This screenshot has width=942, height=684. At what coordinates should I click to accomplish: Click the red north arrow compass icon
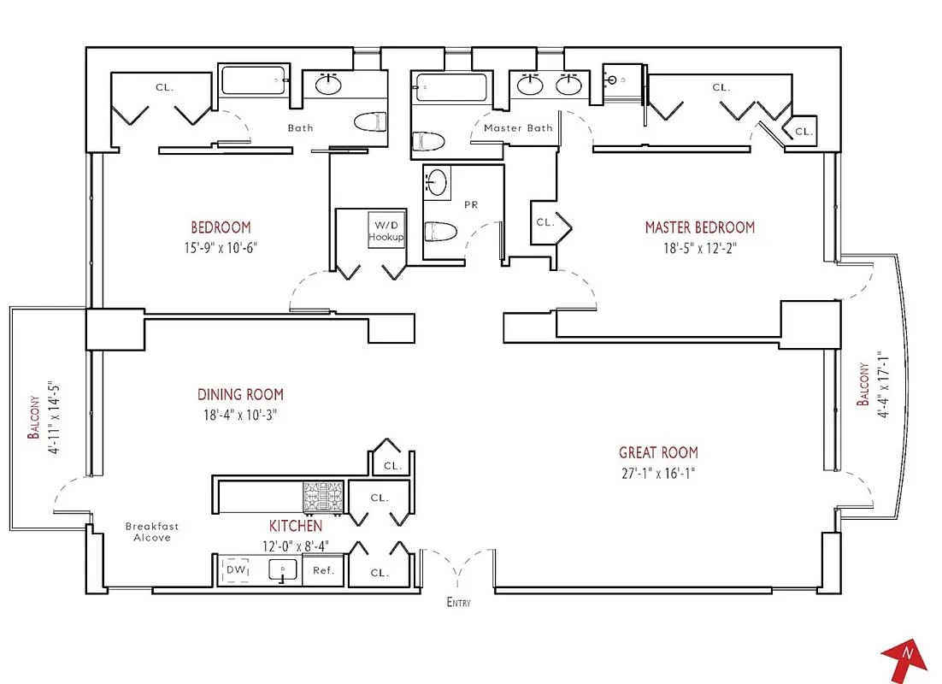tap(904, 657)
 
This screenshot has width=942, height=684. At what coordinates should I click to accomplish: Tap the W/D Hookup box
tap(386, 230)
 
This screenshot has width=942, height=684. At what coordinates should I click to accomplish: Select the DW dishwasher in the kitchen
tap(236, 570)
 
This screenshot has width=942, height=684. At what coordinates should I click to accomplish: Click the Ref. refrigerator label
tap(323, 571)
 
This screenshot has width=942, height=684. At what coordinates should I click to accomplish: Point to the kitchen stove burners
tap(322, 496)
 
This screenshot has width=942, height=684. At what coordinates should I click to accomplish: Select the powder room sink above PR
tap(437, 182)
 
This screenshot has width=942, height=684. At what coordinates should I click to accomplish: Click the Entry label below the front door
tap(458, 603)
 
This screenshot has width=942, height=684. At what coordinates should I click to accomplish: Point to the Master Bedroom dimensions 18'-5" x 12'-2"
tap(699, 249)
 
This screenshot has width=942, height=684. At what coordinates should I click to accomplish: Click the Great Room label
tap(658, 452)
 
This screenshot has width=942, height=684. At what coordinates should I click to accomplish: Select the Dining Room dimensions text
tap(240, 415)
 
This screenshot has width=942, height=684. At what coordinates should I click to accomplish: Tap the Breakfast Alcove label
tap(152, 532)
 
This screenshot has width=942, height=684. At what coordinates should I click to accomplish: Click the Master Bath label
tap(518, 128)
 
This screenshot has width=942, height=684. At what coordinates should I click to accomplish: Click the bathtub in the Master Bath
tap(450, 86)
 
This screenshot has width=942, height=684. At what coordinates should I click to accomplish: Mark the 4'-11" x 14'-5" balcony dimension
tap(55, 418)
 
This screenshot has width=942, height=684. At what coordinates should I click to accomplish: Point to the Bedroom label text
tap(221, 227)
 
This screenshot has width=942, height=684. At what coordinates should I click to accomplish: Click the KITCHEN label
tap(297, 526)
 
